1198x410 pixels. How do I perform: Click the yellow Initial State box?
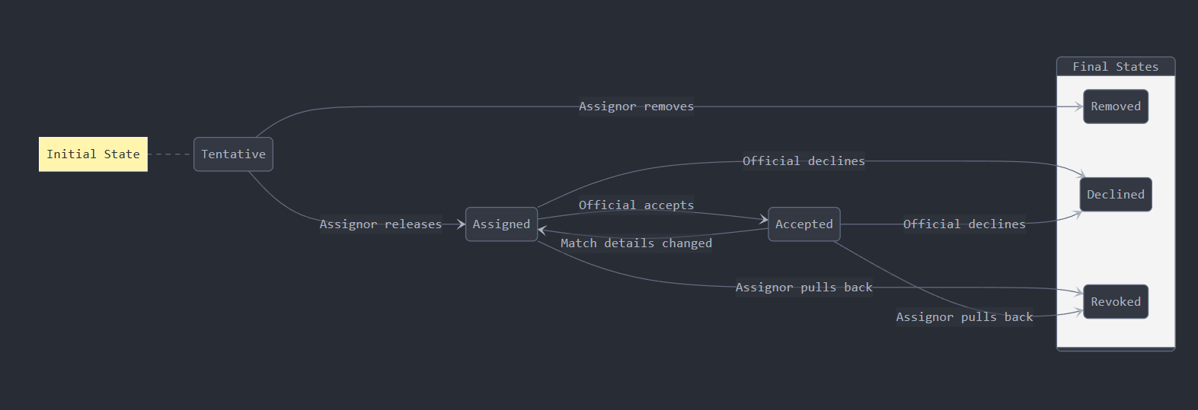click(x=93, y=154)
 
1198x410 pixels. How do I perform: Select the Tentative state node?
click(x=233, y=154)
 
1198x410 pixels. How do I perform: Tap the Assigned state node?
click(x=501, y=224)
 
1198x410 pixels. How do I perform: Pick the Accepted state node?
click(x=803, y=224)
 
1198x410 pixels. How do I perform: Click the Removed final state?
click(x=1115, y=106)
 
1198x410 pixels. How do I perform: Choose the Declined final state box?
click(x=1115, y=195)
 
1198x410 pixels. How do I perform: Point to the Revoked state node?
click(x=1115, y=302)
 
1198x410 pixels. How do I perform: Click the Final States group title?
click(x=1115, y=67)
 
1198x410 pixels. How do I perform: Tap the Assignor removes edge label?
click(x=636, y=106)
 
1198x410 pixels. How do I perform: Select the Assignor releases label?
click(x=380, y=224)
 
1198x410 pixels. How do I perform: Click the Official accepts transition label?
click(x=636, y=205)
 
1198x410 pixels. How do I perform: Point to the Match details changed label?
click(x=636, y=243)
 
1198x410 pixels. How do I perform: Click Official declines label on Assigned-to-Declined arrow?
click(x=803, y=161)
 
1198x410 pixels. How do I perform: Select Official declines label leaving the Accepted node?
click(x=963, y=224)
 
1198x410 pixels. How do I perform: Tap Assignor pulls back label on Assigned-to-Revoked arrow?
click(x=803, y=288)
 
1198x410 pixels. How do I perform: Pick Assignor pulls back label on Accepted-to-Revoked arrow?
click(x=963, y=317)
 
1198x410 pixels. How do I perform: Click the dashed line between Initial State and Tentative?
click(x=170, y=154)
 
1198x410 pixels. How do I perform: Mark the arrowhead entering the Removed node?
click(x=1078, y=107)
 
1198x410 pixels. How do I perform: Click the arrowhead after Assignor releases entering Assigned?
click(x=461, y=224)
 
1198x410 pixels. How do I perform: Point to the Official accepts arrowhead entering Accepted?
click(x=763, y=220)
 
